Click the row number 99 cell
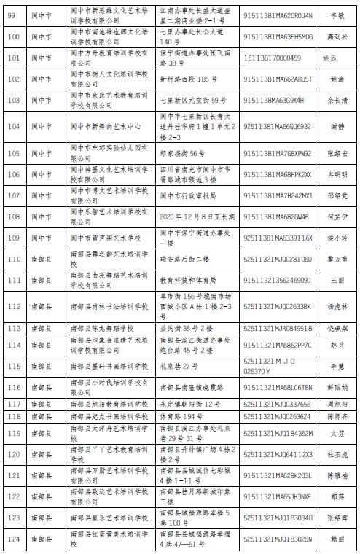pos(12,15)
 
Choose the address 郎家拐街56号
pos(182,154)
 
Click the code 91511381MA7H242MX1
pos(278,195)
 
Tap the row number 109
pos(12,238)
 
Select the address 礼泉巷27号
pos(179,366)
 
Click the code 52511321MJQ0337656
pos(277,404)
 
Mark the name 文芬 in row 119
pos(337,433)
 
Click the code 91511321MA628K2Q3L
pos(278,475)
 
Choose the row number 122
pos(12,496)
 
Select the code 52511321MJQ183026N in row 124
pos(278,539)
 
